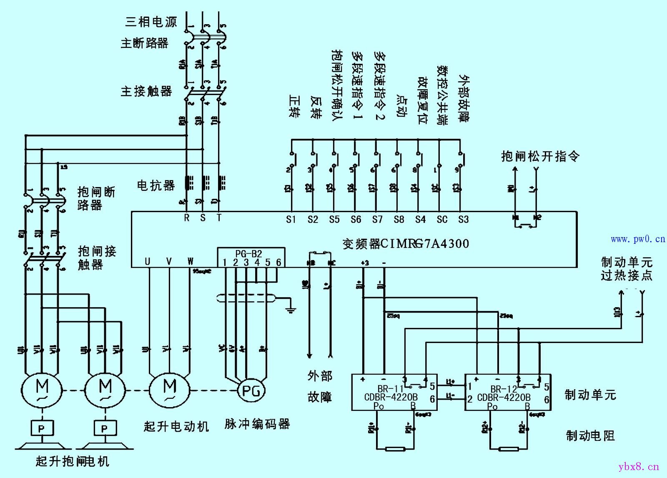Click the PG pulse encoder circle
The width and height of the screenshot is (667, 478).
point(251,390)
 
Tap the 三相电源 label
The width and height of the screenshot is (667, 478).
point(151,22)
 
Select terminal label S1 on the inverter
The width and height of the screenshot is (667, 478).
point(291,220)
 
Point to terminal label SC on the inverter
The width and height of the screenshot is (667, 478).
point(442,220)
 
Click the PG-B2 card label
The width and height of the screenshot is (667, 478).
point(248,253)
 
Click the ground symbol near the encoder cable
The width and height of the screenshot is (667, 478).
point(291,309)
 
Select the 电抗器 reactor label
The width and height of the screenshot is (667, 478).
point(156,185)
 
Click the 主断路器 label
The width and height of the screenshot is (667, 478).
point(144,43)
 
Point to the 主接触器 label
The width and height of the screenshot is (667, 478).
point(146,91)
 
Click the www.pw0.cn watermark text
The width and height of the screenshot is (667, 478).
point(638,239)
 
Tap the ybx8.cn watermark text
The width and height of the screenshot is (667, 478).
point(639,466)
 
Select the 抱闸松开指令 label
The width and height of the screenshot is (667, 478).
point(540,156)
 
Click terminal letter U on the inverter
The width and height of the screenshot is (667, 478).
point(148,262)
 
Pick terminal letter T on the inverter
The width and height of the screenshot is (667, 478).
point(219,218)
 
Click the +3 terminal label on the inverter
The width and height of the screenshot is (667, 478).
point(365,263)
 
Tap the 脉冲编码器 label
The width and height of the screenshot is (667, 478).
point(257,424)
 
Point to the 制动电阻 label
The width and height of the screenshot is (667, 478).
point(590,435)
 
